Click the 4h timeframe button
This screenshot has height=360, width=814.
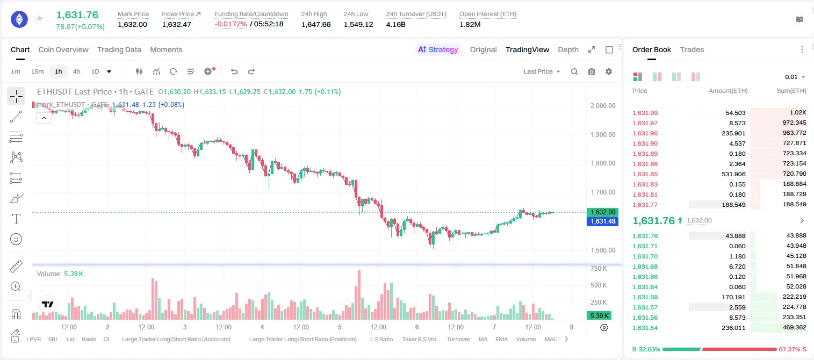tap(76, 71)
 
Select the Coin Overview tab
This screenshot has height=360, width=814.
tap(63, 49)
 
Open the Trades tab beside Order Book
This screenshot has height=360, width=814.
tap(692, 49)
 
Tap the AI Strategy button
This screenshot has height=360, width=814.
tap(438, 49)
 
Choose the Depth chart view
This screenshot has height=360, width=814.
tap(568, 49)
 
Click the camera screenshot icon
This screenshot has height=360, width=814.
tap(592, 71)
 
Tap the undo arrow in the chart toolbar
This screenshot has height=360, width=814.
tap(234, 71)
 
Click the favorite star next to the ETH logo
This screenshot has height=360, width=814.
tap(40, 18)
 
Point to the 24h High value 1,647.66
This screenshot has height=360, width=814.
tap(316, 24)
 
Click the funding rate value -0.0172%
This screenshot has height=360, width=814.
tap(230, 24)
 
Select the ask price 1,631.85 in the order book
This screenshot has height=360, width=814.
tap(645, 174)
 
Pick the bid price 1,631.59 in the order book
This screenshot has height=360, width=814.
tap(645, 297)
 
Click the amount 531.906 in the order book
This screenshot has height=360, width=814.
tap(733, 174)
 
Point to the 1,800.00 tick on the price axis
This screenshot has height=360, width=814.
tap(603, 163)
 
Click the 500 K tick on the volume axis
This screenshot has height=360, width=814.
tap(599, 285)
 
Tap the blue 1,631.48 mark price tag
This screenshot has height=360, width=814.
tap(602, 221)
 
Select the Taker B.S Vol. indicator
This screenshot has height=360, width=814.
tap(419, 339)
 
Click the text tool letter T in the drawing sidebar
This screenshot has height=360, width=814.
tap(16, 219)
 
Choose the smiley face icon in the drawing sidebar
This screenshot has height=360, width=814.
tap(16, 239)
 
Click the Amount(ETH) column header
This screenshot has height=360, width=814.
tap(728, 91)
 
